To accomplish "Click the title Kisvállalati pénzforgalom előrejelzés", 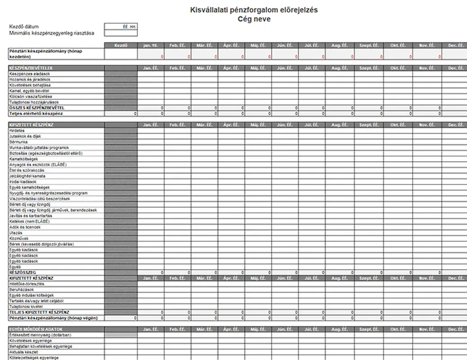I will click(x=254, y=10).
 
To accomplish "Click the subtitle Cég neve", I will click(x=254, y=19).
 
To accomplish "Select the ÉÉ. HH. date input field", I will click(x=121, y=27).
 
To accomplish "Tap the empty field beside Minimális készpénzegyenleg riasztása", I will click(x=121, y=33).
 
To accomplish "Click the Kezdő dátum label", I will click(x=24, y=27).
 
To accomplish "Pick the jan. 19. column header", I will click(x=151, y=45).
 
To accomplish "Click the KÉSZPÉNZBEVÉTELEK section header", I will click(x=27, y=68).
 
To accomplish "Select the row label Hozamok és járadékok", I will click(x=30, y=79).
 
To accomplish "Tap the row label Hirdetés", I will click(x=17, y=130).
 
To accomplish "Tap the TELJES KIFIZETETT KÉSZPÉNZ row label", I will click(x=39, y=312).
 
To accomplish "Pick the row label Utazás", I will click(x=16, y=233).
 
